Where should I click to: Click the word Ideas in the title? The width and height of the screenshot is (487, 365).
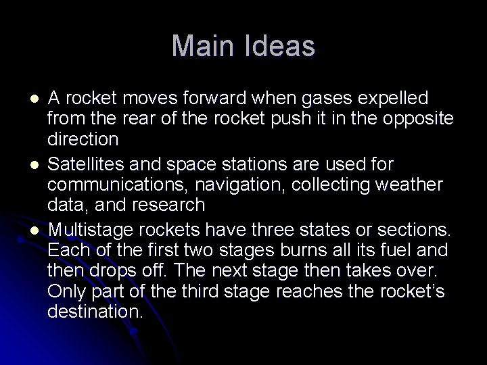tap(279, 46)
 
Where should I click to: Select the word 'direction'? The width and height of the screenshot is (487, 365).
tap(83, 141)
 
